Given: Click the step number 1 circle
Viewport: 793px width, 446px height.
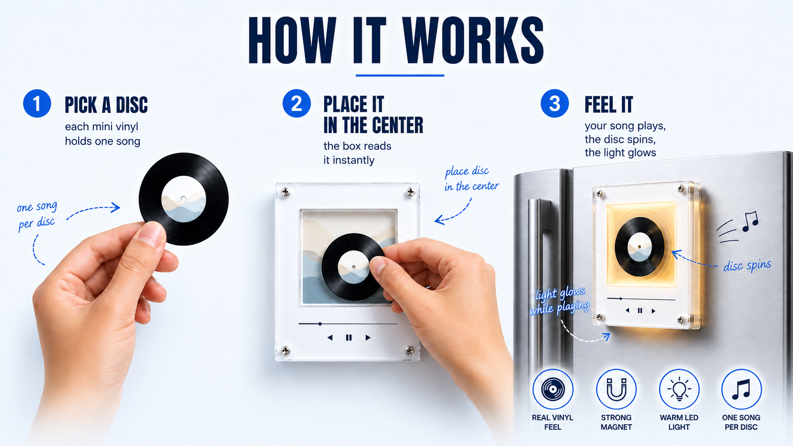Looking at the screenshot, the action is click(x=37, y=103).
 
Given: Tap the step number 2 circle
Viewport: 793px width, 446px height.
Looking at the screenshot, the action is click(x=297, y=103).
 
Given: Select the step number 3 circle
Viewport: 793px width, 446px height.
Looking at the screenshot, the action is click(x=555, y=103).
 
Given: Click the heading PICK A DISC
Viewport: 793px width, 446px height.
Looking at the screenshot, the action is click(x=106, y=105).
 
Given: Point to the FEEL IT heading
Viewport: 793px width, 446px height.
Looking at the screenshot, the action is click(x=609, y=105).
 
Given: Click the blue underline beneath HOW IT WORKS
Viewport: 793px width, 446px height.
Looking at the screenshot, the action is click(x=400, y=75).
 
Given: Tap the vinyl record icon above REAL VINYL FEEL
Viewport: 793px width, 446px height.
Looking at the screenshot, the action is click(x=553, y=389).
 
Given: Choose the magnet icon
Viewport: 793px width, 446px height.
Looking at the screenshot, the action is click(x=617, y=389).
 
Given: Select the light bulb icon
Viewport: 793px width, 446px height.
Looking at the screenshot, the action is click(x=679, y=389).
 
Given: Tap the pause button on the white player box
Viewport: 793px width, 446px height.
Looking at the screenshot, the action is click(x=349, y=338).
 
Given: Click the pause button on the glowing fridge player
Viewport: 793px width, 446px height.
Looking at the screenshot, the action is click(x=640, y=310).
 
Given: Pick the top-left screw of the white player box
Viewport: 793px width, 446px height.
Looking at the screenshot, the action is click(x=286, y=192).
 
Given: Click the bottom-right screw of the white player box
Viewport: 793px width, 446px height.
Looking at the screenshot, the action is click(x=410, y=351).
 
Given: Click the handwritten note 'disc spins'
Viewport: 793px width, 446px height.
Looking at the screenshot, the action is click(x=747, y=265).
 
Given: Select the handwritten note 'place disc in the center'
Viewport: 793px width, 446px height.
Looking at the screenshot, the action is click(x=471, y=179).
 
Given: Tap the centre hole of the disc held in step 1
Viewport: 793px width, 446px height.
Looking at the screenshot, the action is click(x=184, y=199).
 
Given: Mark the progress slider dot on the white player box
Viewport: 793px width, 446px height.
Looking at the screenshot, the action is click(x=320, y=324).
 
